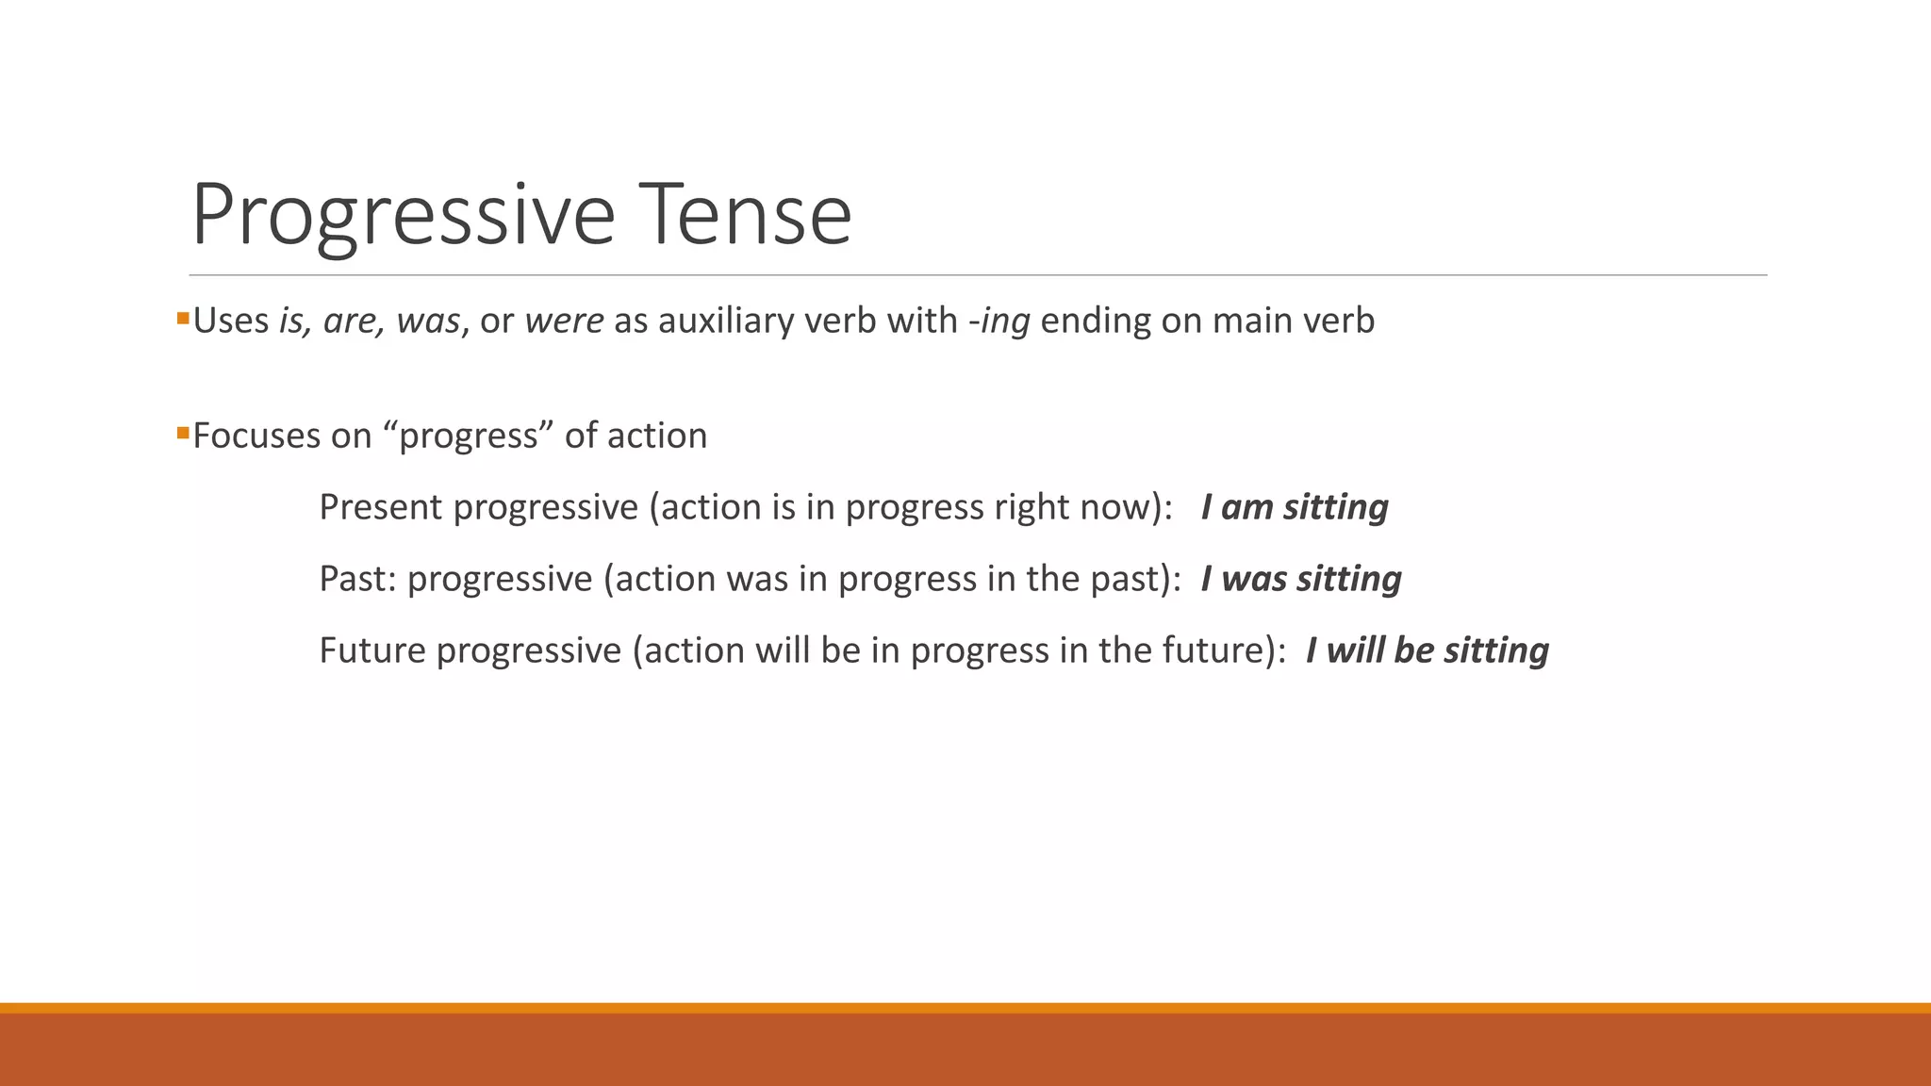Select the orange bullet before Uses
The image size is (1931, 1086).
tap(183, 319)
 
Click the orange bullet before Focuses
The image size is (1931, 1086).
tap(183, 434)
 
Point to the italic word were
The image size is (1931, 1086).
tap(564, 321)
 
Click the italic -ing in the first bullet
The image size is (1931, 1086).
tap(999, 321)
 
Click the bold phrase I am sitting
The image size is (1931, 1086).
tap(1294, 507)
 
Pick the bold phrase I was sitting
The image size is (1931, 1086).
tap(1300, 579)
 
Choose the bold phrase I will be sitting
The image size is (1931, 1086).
tap(1427, 650)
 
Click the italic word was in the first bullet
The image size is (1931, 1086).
tap(427, 321)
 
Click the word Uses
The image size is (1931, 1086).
tap(231, 321)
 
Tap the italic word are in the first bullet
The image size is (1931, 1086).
tap(351, 321)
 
